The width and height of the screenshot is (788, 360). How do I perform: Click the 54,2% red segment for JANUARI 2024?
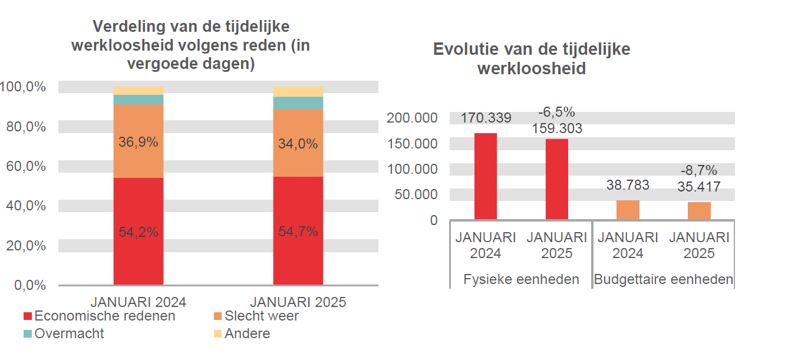point(139,232)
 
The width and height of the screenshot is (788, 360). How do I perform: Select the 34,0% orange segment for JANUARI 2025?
point(298,143)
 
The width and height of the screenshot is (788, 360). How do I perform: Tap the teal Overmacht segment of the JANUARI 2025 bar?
point(298,103)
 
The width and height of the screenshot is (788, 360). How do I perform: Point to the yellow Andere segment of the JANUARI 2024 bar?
point(139,91)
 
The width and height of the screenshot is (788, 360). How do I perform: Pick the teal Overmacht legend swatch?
point(28,334)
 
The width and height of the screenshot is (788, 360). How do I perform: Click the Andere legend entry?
point(247,334)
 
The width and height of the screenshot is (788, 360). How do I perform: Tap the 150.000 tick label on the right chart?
point(412,144)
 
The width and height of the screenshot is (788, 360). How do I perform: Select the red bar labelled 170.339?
point(486,176)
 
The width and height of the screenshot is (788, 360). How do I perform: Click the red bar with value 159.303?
point(556,179)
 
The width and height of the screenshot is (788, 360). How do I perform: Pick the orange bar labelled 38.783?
point(628,210)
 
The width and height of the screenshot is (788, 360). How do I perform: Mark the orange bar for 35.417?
point(699,211)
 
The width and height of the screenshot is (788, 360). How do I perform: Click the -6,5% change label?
point(556,113)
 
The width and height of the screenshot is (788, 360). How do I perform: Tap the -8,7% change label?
point(699,171)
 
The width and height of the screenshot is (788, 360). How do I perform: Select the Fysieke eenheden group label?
point(521,279)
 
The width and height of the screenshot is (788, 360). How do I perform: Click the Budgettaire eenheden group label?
point(663,279)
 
